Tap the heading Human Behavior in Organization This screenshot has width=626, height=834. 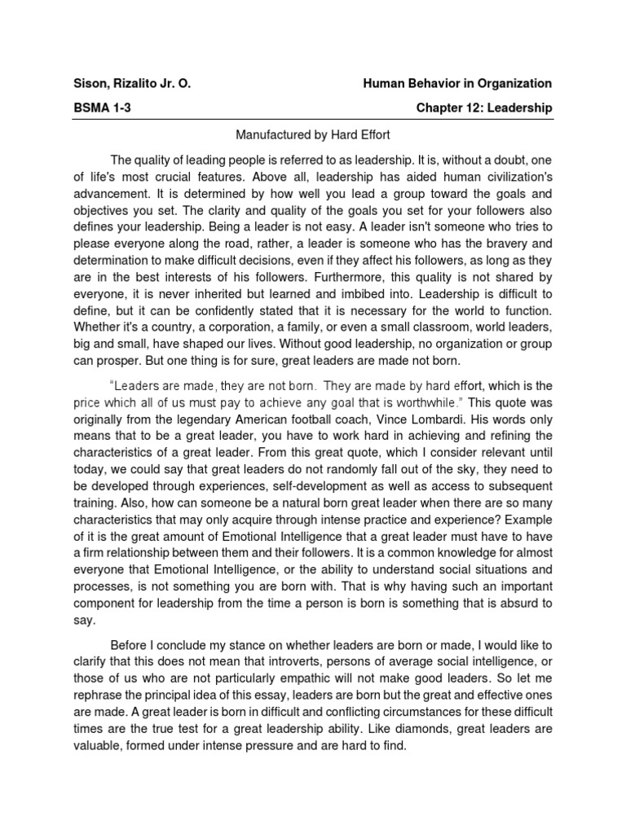(457, 83)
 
